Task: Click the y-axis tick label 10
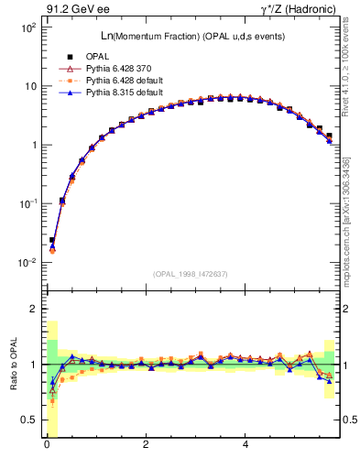pos(28,87)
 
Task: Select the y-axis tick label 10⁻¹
pos(25,203)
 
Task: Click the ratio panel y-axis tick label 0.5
pos(27,420)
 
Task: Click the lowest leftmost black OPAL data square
pos(52,240)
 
